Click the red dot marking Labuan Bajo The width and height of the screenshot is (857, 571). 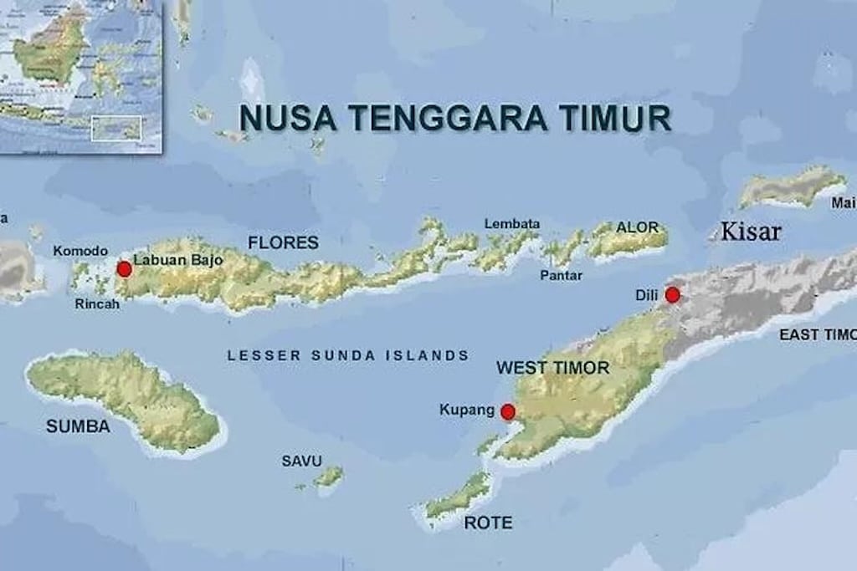click(124, 268)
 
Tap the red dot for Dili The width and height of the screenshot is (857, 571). click(672, 294)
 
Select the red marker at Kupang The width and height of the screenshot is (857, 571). click(507, 411)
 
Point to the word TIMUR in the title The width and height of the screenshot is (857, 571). click(615, 118)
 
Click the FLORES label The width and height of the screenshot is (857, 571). click(283, 242)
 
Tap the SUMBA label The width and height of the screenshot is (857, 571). click(78, 426)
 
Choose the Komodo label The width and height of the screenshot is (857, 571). click(80, 251)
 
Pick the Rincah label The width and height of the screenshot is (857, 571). click(97, 304)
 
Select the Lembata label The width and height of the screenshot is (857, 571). click(512, 224)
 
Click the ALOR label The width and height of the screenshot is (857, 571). click(637, 227)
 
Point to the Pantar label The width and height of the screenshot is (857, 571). click(561, 275)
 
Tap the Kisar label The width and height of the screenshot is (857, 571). click(751, 232)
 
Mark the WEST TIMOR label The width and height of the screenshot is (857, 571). click(552, 368)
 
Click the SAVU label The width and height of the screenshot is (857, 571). click(301, 461)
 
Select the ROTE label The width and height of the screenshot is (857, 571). click(488, 523)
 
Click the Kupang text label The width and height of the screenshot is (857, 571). click(466, 410)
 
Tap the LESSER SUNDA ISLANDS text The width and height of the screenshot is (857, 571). click(348, 355)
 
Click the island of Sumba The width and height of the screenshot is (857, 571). click(126, 397)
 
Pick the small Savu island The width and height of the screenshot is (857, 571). click(328, 477)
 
